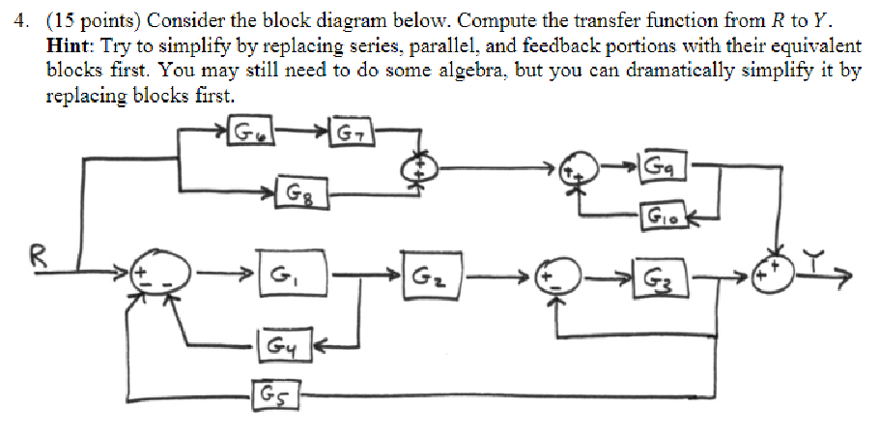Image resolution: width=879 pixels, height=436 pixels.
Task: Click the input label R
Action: click(x=36, y=256)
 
